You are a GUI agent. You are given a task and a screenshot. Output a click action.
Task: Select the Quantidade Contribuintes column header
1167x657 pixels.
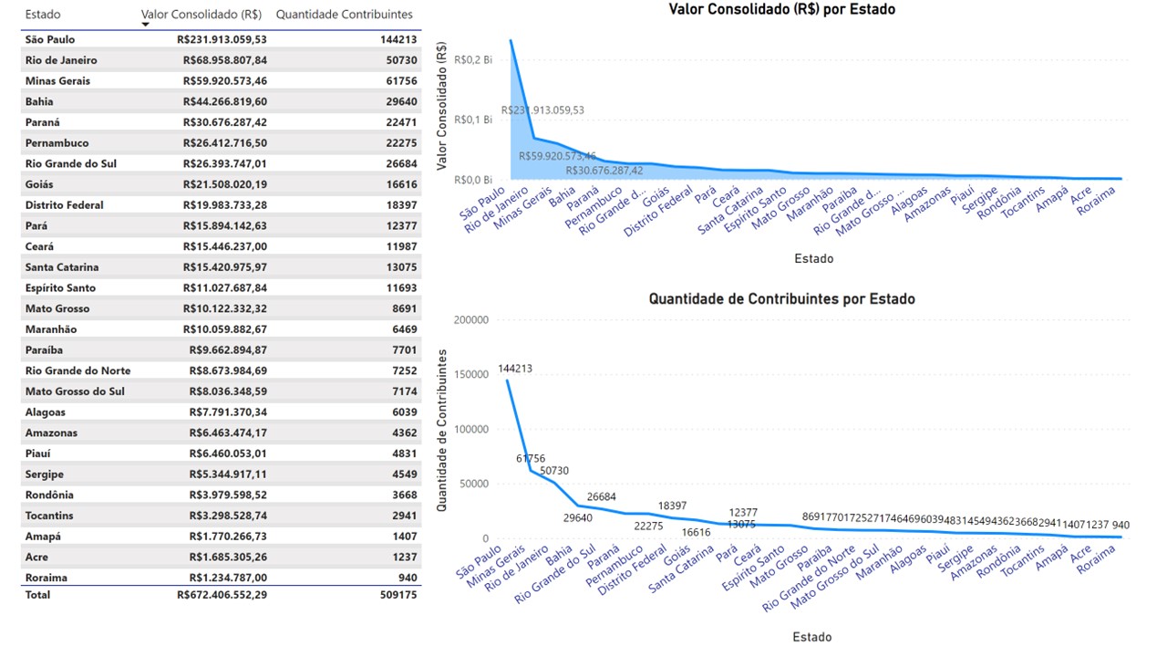point(344,15)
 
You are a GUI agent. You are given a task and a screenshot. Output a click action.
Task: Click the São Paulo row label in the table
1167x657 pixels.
point(50,39)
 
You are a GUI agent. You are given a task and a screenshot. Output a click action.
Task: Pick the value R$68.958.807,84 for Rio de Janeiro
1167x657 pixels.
point(222,60)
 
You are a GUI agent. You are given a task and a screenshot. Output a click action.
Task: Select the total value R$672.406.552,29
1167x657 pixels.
point(222,595)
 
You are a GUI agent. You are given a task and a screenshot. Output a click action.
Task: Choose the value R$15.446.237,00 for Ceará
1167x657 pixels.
point(222,247)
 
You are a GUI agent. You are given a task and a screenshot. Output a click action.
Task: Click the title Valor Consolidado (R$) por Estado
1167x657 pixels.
point(782,10)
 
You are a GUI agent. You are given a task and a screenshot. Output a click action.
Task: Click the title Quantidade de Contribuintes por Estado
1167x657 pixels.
point(781,299)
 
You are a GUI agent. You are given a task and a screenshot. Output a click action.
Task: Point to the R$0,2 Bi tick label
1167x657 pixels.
point(473,59)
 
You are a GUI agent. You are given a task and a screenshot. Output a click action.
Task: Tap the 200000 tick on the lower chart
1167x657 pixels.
point(470,320)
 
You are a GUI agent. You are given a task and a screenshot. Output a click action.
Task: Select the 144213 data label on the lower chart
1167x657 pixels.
point(516,370)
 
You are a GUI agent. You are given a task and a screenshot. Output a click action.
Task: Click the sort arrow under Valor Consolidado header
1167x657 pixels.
point(145,26)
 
